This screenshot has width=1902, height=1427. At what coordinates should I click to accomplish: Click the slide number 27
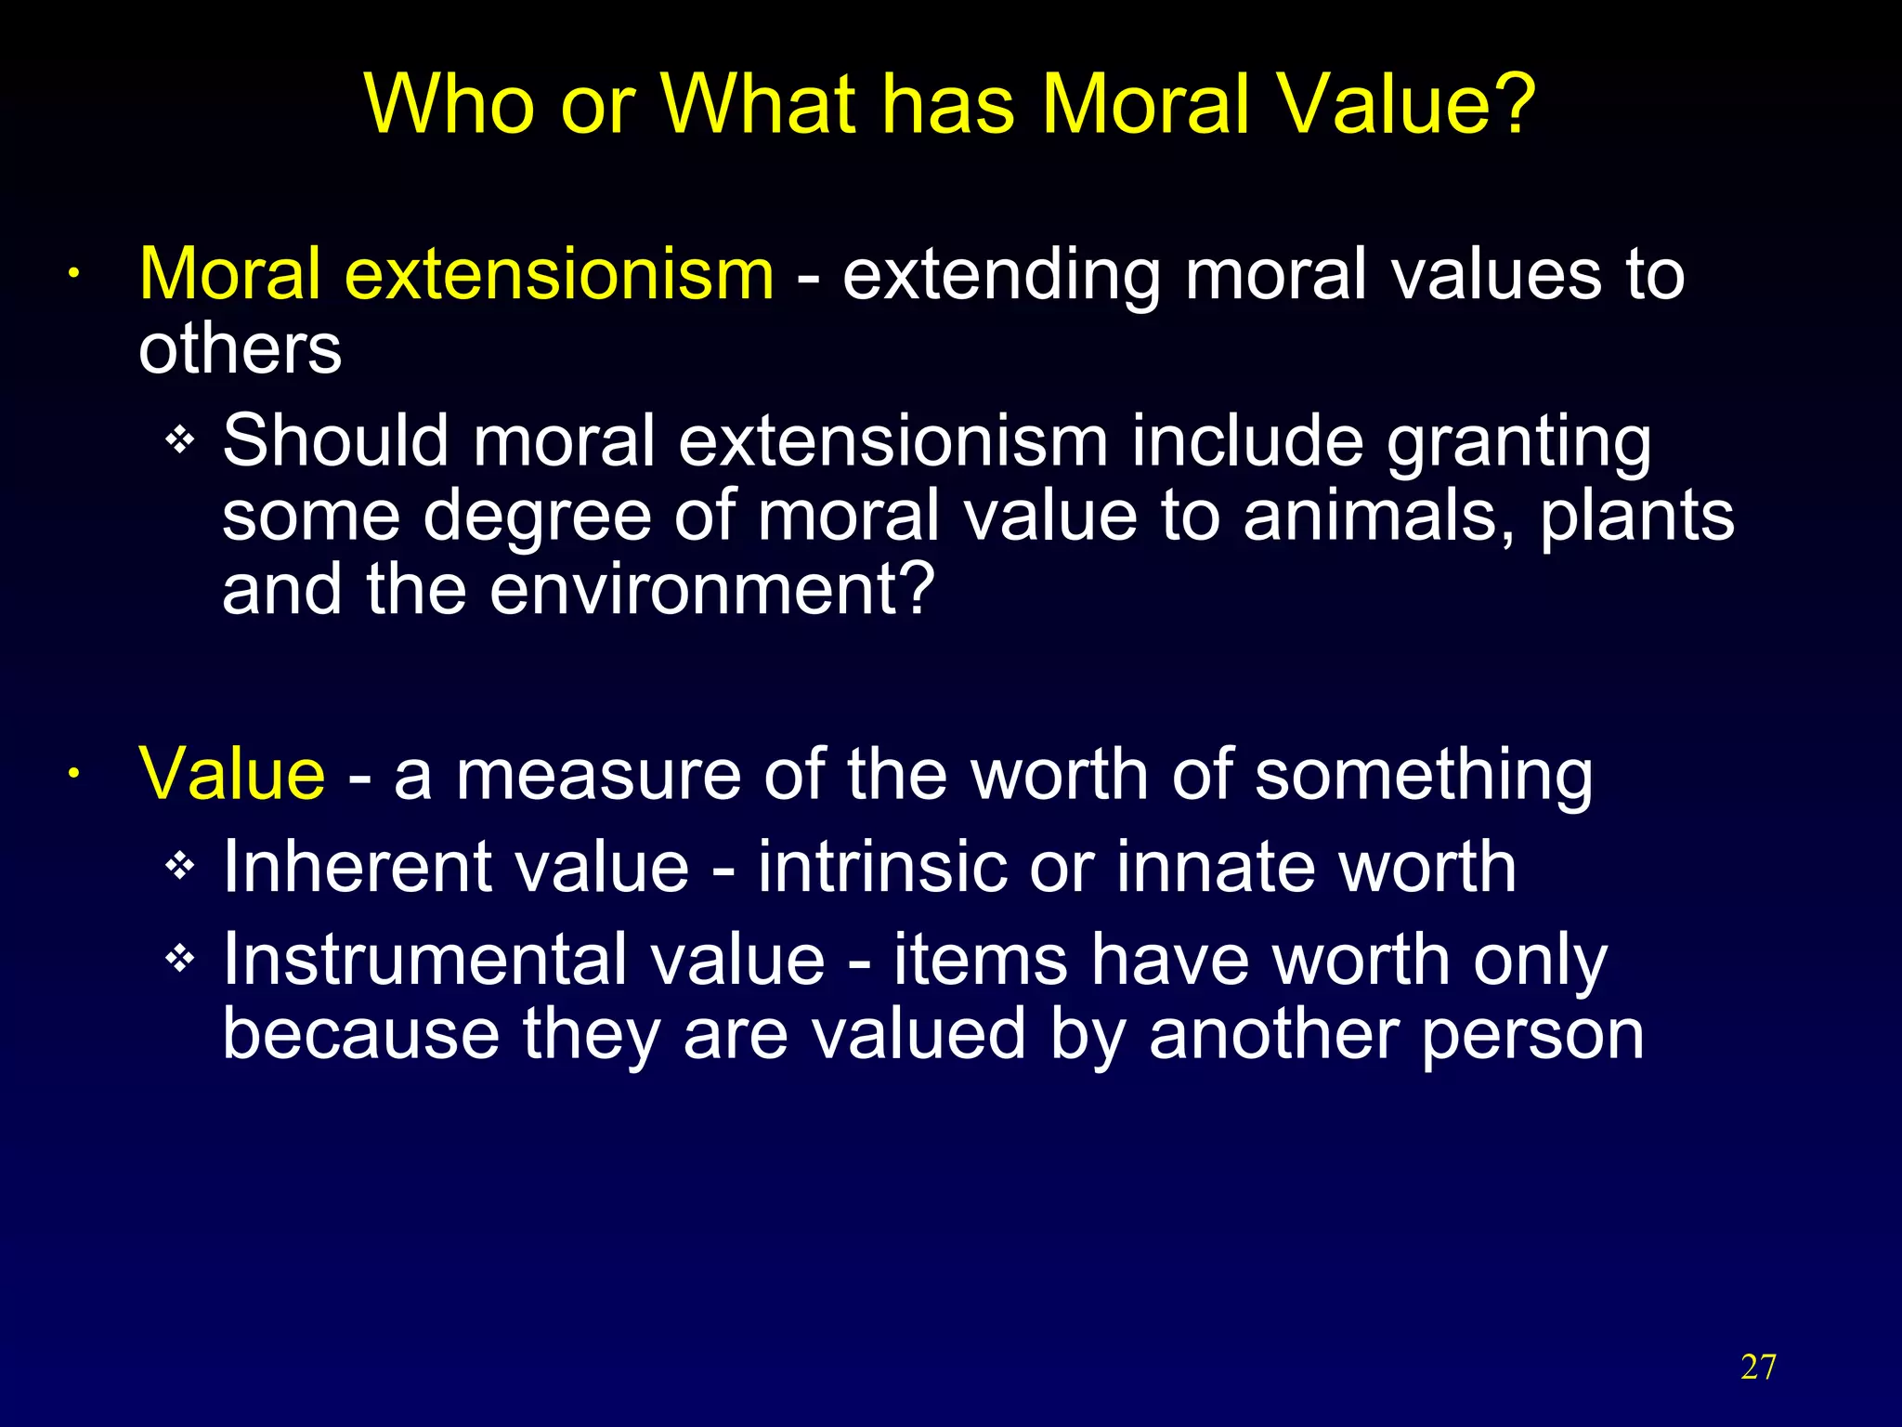[x=1758, y=1368]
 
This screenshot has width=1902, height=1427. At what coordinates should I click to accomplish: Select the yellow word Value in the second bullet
[x=232, y=774]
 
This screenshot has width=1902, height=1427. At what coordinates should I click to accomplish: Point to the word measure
[x=598, y=776]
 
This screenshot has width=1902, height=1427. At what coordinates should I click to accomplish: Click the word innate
[x=1215, y=867]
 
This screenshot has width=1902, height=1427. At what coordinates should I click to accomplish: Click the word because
[x=361, y=1034]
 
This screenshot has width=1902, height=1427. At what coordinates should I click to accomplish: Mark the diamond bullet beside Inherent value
[x=179, y=867]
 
